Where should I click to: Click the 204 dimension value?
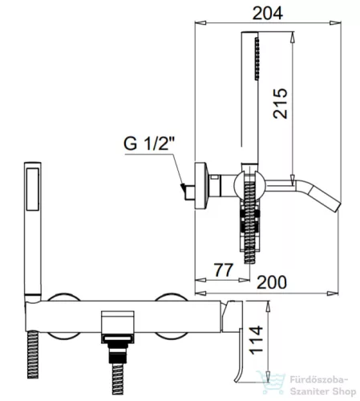tap(268, 14)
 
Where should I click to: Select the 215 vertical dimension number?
tap(280, 103)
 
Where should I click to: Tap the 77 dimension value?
tap(224, 270)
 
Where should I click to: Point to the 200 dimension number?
tap(272, 282)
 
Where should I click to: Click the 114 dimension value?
tap(256, 340)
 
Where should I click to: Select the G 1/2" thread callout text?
tap(149, 144)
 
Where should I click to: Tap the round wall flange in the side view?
tap(201, 185)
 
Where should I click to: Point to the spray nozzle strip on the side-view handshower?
tap(257, 59)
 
